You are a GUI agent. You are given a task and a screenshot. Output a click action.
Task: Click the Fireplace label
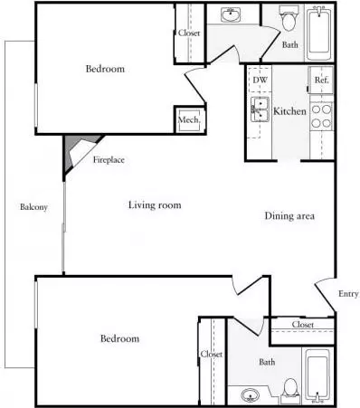pyautogui.click(x=109, y=159)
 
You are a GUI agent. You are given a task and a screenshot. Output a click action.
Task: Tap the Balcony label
pyautogui.click(x=33, y=207)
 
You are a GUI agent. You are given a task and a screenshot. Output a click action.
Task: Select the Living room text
pyautogui.click(x=155, y=205)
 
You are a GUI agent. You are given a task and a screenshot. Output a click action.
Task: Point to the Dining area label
pyautogui.click(x=289, y=215)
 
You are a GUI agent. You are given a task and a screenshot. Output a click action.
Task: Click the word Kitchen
pyautogui.click(x=289, y=111)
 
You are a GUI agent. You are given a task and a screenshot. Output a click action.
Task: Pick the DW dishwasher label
pyautogui.click(x=260, y=81)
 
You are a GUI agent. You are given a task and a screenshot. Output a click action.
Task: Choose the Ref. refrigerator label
pyautogui.click(x=321, y=80)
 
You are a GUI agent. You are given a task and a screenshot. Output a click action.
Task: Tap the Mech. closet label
pyautogui.click(x=189, y=119)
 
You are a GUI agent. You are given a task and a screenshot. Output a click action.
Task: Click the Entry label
pyautogui.click(x=348, y=294)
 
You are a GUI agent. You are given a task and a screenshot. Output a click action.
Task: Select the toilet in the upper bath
pyautogui.click(x=289, y=19)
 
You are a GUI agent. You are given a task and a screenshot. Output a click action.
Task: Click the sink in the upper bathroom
pyautogui.click(x=231, y=14)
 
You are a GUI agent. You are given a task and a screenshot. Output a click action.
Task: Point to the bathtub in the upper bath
pyautogui.click(x=319, y=34)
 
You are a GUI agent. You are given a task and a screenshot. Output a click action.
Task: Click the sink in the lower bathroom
pyautogui.click(x=251, y=394)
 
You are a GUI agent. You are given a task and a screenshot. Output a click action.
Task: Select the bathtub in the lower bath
pyautogui.click(x=317, y=376)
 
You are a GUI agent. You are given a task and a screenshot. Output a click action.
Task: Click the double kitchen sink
pyautogui.click(x=260, y=109)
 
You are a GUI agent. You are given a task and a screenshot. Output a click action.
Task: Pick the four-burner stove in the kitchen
pyautogui.click(x=321, y=116)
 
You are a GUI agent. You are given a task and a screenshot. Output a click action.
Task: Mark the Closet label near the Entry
pyautogui.click(x=303, y=325)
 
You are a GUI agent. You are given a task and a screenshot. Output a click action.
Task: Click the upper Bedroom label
pyautogui.click(x=105, y=69)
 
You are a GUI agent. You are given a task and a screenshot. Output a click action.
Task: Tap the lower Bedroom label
pyautogui.click(x=119, y=338)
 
